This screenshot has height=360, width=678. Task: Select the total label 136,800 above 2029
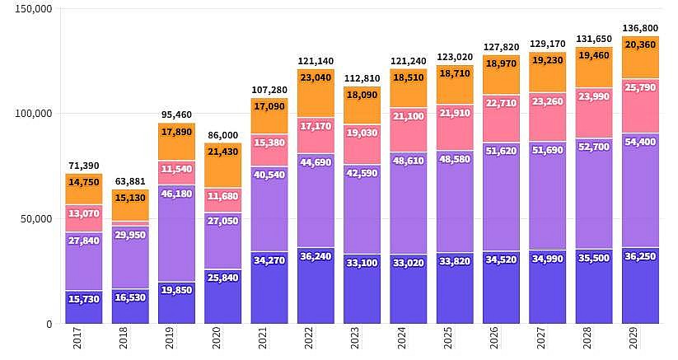click(640, 28)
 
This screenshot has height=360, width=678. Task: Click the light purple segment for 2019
click(176, 239)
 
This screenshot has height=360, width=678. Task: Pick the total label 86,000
click(222, 135)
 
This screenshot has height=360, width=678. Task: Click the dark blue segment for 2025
click(455, 298)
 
